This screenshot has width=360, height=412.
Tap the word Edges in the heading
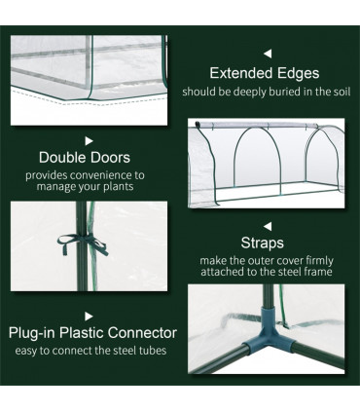click(x=299, y=73)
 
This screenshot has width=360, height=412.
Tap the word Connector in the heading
click(x=142, y=333)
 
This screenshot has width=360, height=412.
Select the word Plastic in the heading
click(x=86, y=333)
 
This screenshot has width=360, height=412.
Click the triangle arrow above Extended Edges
click(x=268, y=54)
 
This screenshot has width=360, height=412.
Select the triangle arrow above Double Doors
click(x=89, y=140)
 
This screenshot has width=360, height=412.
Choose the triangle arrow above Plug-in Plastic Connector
click(x=90, y=316)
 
